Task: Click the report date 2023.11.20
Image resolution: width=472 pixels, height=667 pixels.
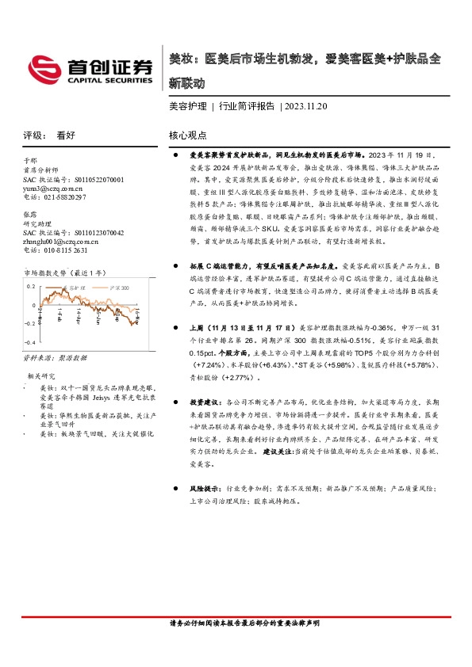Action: click(x=305, y=105)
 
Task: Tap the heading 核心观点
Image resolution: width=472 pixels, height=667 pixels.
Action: click(x=188, y=135)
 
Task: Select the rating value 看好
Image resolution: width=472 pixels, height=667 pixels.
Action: click(x=66, y=135)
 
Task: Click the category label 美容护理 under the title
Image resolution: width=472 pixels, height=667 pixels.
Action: click(x=188, y=105)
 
